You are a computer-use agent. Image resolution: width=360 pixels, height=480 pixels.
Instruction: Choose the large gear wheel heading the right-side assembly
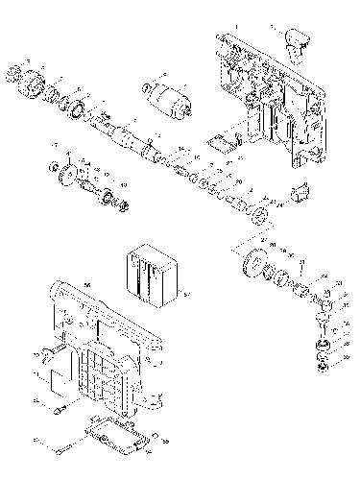click(255, 262)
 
